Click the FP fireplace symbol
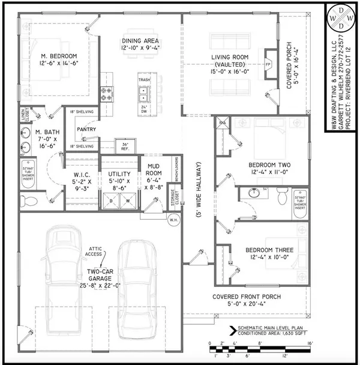click(x=269, y=62)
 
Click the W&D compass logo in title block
click(x=340, y=19)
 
